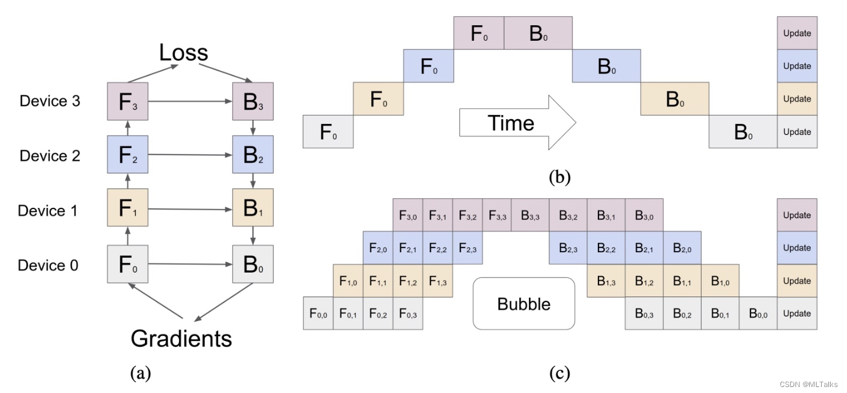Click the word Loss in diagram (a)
(183, 53)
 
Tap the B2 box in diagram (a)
(253, 155)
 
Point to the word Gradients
(181, 338)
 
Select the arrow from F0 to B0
(189, 264)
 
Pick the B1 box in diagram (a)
(253, 209)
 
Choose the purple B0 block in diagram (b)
(538, 33)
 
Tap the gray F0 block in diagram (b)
(328, 132)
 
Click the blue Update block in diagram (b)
(797, 66)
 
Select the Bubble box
(524, 304)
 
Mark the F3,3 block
(497, 215)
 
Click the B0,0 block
(758, 313)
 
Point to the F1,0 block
(348, 281)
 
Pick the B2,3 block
(568, 248)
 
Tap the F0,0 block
(318, 313)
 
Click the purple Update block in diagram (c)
(797, 215)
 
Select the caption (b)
(559, 177)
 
